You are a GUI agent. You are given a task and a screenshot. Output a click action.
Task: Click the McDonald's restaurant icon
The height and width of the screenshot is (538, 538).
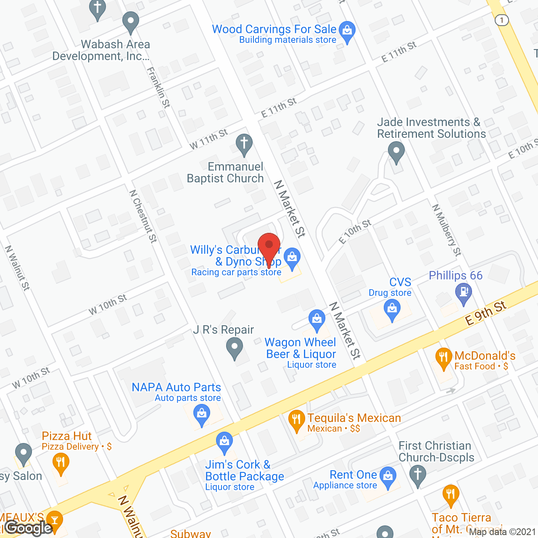(x=443, y=358)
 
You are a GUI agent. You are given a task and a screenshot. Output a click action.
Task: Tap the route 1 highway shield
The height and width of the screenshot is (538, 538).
(x=501, y=20)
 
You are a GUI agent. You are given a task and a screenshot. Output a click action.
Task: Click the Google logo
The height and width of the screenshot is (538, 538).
(x=29, y=527)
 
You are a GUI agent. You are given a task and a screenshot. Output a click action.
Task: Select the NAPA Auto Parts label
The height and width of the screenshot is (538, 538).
(x=176, y=387)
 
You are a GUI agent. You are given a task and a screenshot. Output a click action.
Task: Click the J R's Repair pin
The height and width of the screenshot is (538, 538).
(x=235, y=348)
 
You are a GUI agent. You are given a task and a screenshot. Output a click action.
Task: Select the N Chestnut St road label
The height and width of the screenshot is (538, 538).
(x=143, y=216)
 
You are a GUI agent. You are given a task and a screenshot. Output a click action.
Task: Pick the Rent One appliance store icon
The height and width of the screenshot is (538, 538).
(x=388, y=477)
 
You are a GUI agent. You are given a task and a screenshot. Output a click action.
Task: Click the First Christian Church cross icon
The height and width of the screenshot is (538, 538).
(x=418, y=475)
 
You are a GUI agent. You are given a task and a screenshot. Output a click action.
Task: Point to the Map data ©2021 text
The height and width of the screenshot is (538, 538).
(x=502, y=532)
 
